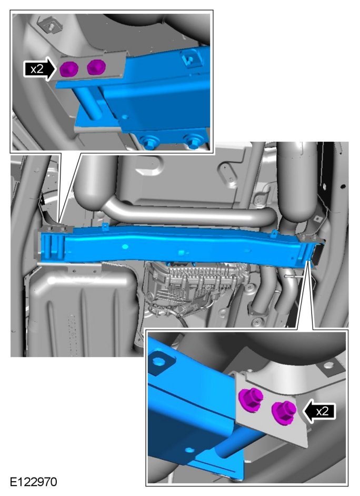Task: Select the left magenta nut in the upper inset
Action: [x=69, y=69]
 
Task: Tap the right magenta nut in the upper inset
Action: [x=96, y=67]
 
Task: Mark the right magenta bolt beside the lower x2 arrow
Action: [x=284, y=412]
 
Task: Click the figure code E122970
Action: [x=34, y=482]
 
